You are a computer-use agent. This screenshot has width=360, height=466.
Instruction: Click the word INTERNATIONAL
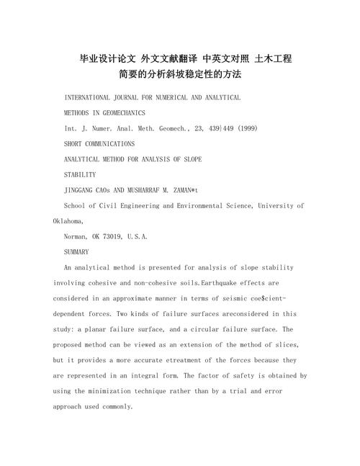[x=90, y=97]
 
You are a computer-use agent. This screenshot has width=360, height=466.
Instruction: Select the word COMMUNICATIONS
[x=108, y=144]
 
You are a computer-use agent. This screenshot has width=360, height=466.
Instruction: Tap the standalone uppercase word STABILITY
[x=81, y=174]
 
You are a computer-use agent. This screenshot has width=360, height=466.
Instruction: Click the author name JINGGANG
[x=81, y=190]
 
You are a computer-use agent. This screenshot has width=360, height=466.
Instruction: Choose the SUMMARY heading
[x=76, y=252]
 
